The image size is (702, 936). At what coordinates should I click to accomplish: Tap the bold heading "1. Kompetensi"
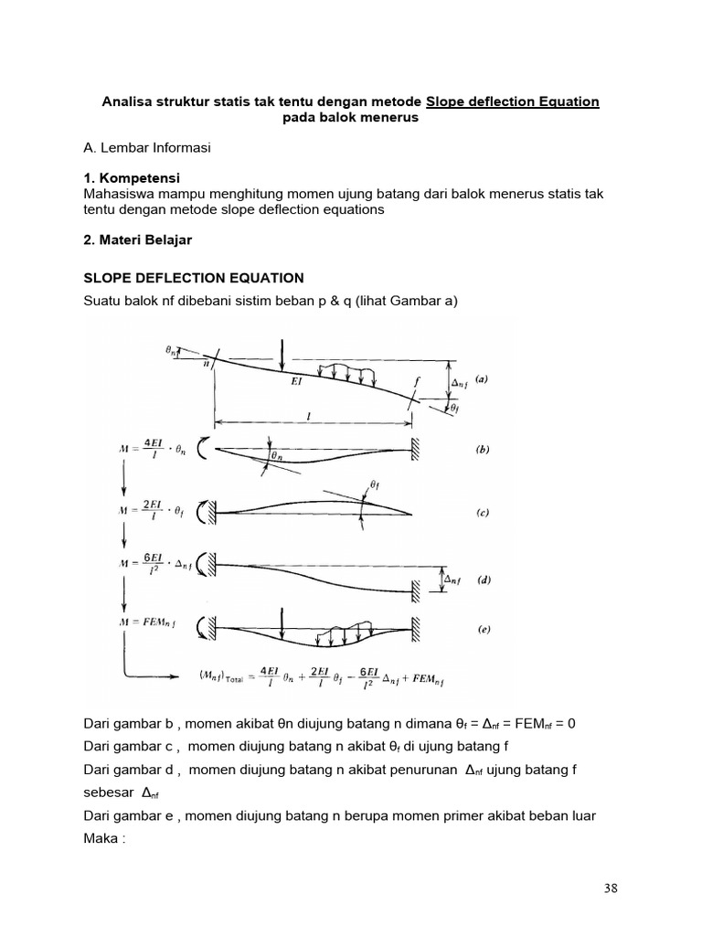131,178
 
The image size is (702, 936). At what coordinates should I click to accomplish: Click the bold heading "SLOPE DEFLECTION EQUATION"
193,278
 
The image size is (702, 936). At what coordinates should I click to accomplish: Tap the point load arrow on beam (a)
284,352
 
